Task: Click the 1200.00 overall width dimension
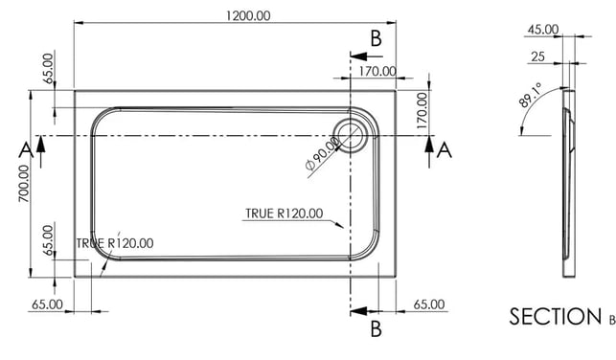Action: (248, 16)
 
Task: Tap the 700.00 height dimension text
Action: (24, 183)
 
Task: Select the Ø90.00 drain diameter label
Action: (322, 153)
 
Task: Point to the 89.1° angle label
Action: (531, 95)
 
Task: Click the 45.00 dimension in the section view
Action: (543, 30)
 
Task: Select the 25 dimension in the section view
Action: (537, 56)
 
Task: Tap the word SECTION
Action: (555, 316)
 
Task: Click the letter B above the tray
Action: (376, 38)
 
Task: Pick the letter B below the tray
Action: (376, 329)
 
